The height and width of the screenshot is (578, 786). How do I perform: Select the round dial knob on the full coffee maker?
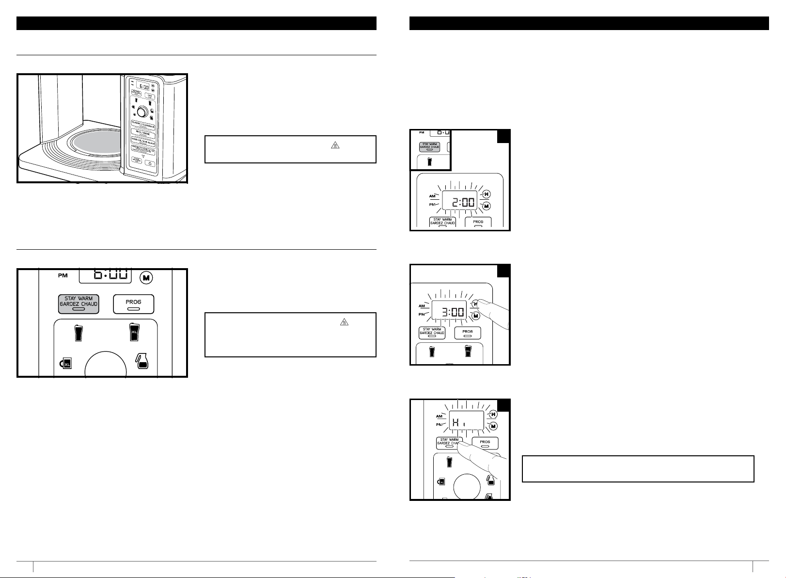[142, 112]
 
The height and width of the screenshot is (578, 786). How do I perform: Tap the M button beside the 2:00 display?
[487, 206]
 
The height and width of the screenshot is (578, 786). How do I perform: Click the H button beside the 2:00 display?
[486, 194]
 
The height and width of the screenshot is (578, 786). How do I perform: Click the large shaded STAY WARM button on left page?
[79, 304]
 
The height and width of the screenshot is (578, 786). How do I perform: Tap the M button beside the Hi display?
[493, 426]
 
